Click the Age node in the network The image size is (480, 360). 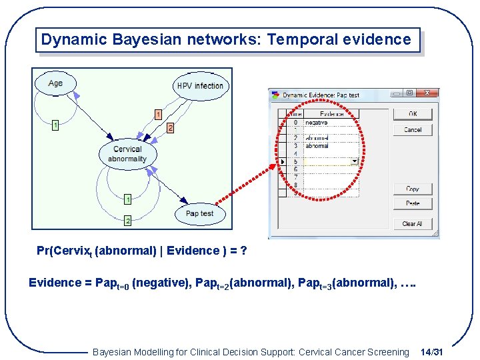(55, 83)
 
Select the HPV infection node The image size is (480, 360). (200, 86)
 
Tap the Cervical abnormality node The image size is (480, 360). (127, 154)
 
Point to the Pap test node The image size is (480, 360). (199, 213)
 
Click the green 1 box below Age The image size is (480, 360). (55, 124)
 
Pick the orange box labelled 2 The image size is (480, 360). (170, 127)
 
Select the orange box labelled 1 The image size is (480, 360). (158, 115)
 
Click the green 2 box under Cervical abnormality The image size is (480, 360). (127, 220)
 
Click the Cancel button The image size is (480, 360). (413, 130)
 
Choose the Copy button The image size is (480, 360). (413, 189)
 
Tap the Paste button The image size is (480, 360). (413, 203)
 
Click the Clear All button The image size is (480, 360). (413, 223)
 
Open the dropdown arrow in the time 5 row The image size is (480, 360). (355, 161)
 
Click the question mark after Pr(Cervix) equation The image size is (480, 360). (244, 251)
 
